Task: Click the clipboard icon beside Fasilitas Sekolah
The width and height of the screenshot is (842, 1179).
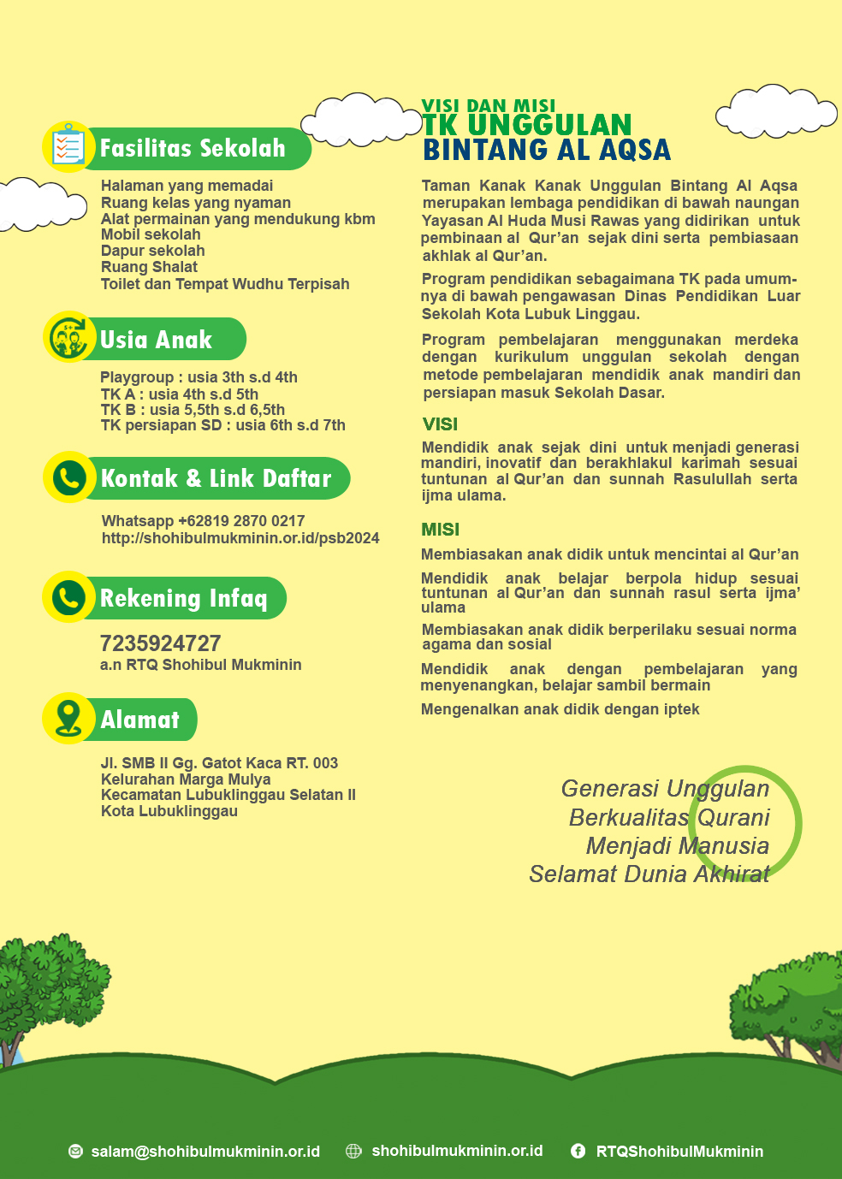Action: tap(68, 147)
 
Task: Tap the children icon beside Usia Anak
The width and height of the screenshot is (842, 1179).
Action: tap(69, 337)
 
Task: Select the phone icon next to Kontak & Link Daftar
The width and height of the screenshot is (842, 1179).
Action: tap(69, 477)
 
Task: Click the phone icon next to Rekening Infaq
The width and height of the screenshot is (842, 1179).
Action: tap(69, 596)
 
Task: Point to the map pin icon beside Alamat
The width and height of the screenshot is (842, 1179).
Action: tap(68, 718)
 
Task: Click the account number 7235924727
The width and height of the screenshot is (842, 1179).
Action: tap(161, 643)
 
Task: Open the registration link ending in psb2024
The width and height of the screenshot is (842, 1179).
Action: tap(240, 538)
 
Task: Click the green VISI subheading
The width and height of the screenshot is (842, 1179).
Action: tap(440, 424)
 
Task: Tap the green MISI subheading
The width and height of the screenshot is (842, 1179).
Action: tap(440, 530)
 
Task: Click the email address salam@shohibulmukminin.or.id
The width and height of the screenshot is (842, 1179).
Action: tap(205, 1152)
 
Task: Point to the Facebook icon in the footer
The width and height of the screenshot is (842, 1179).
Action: tap(578, 1152)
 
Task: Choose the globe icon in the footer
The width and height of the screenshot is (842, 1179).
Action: tap(353, 1152)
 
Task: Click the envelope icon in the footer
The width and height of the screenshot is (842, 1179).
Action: tap(75, 1152)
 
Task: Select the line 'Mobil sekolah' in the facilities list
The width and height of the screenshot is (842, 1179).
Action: tap(151, 234)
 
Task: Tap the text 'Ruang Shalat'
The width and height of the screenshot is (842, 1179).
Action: tap(149, 267)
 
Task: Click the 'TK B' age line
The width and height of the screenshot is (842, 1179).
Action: tap(193, 410)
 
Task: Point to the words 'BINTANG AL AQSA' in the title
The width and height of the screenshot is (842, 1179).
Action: tap(547, 150)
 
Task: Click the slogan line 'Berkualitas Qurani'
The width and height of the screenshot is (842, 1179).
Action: tap(669, 818)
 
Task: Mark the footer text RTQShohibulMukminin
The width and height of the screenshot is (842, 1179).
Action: tap(679, 1152)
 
